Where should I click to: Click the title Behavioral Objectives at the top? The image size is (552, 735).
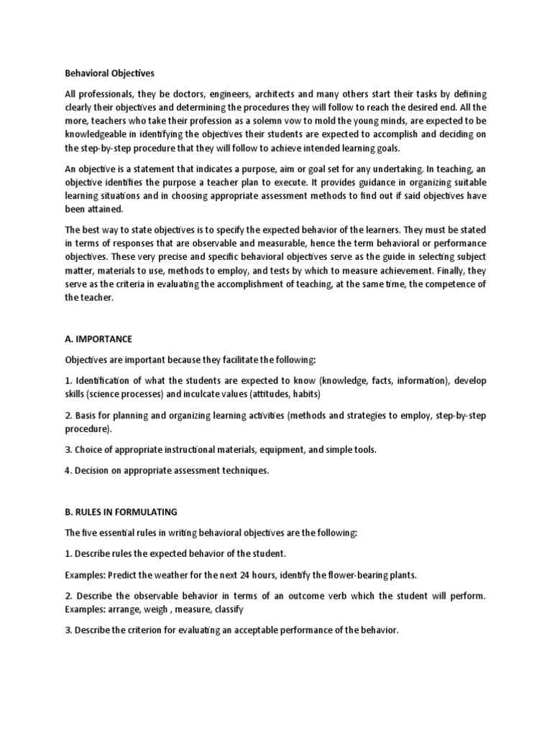[x=109, y=73]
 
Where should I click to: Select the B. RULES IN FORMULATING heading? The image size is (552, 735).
[x=126, y=512]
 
